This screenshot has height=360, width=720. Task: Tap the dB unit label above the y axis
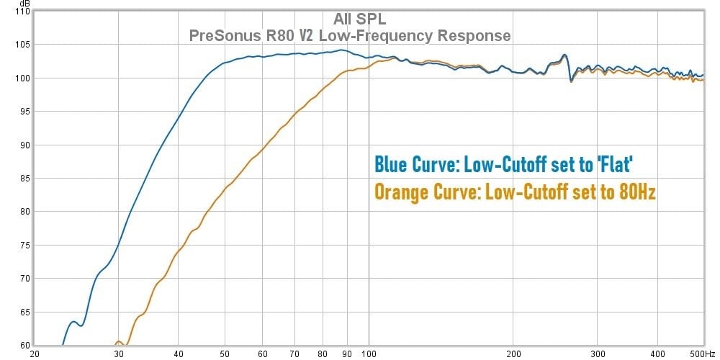coord(24,3)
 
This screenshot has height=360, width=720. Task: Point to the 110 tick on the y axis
coord(22,12)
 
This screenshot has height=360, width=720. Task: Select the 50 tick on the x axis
coord(225,354)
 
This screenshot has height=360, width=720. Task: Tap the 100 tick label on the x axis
coord(369,354)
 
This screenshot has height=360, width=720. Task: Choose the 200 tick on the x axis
coord(513,354)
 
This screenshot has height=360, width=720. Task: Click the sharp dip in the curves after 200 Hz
coord(571,80)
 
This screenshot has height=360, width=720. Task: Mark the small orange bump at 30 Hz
coord(119,342)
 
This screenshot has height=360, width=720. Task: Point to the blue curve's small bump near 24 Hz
coord(73,321)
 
